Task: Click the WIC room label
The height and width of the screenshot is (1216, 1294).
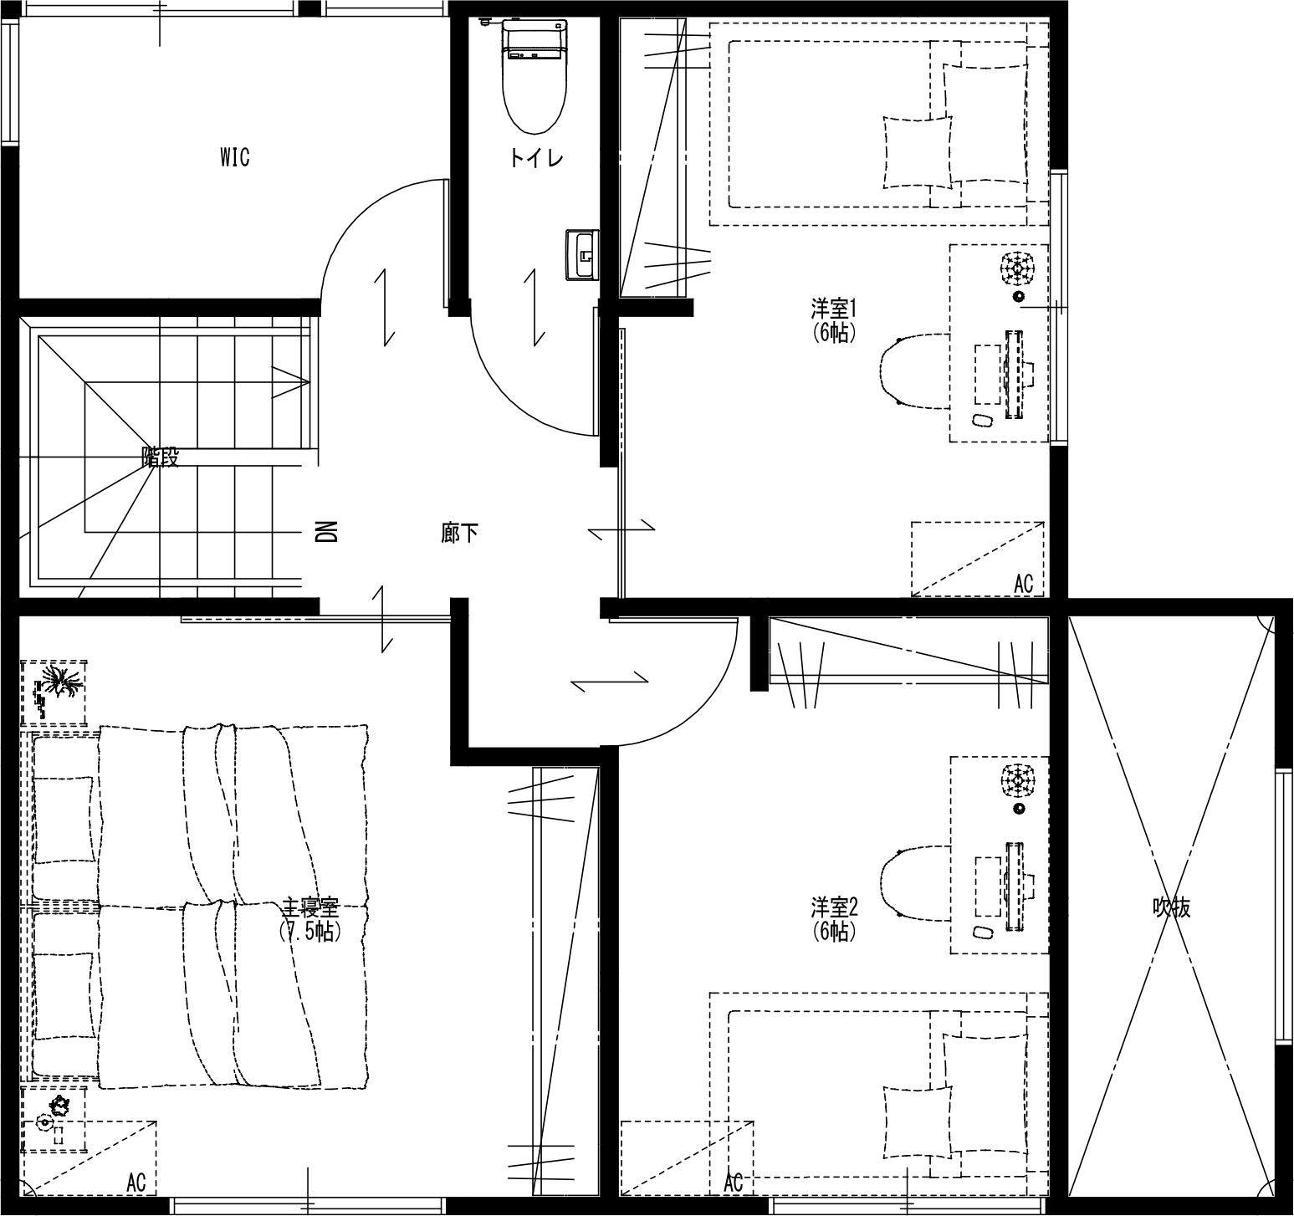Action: tap(235, 157)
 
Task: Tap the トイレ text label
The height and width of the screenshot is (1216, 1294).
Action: tap(536, 158)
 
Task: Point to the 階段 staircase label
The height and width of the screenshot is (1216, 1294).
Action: tap(161, 457)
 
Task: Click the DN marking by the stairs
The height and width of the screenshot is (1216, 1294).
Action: tap(327, 532)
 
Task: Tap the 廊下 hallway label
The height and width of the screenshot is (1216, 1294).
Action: tap(460, 533)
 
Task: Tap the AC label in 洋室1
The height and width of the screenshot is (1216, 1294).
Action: tap(1024, 584)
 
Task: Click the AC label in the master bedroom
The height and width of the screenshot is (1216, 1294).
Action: tap(136, 1183)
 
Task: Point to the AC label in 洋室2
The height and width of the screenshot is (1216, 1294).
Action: tap(734, 1183)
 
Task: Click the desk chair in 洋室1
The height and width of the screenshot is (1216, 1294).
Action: tap(915, 370)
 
